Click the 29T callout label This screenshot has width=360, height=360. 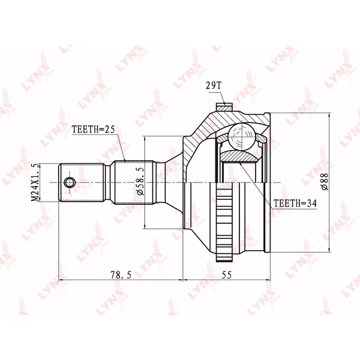pos(213,86)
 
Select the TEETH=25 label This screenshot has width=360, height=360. pos(93,129)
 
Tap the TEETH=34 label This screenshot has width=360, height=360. pos(295,203)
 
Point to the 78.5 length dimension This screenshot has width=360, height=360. pos(121,275)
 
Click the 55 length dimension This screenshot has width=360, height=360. pos(226,275)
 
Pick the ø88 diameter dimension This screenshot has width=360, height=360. pos(325,182)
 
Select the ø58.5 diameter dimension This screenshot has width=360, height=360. pos(140,181)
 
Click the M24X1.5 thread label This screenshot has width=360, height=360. pos(35,182)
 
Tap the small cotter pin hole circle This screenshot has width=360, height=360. pos(70,182)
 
